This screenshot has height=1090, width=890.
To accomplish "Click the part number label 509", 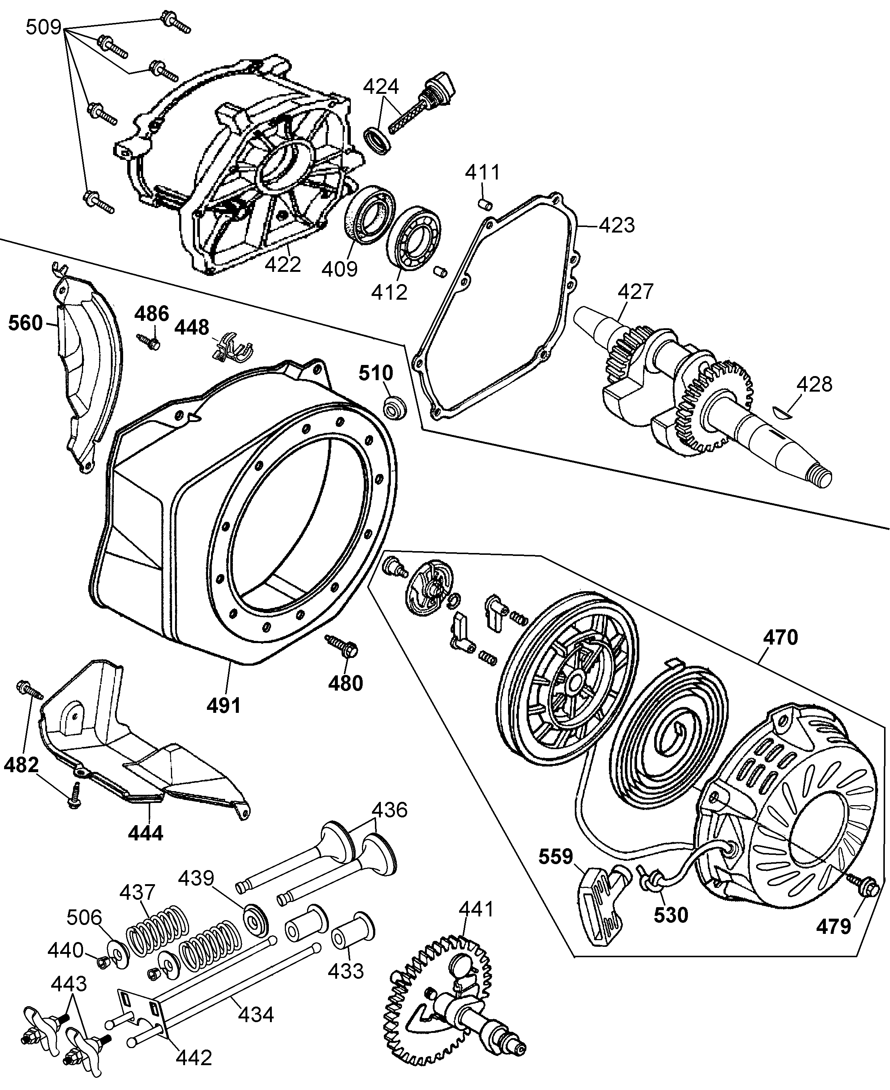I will click(44, 27).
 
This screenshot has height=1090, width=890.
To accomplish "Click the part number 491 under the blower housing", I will click(224, 706).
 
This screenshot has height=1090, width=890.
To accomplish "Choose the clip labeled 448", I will click(232, 349).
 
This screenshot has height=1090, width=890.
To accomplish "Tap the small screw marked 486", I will click(149, 342).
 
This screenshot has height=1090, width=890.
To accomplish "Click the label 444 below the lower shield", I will click(146, 833).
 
